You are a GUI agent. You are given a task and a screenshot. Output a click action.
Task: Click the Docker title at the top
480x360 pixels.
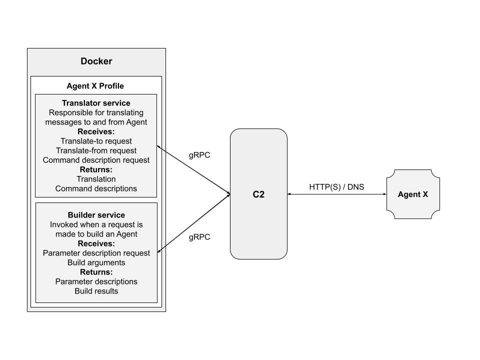click(x=96, y=61)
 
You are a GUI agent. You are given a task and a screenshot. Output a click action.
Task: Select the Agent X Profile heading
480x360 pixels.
click(x=95, y=85)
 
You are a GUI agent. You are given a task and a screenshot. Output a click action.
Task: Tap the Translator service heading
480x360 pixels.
click(x=96, y=103)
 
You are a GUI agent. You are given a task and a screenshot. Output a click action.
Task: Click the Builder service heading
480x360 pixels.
click(x=96, y=215)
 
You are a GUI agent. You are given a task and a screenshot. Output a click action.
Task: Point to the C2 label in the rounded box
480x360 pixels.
click(x=258, y=194)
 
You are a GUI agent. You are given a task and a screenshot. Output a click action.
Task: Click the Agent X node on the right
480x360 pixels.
click(x=412, y=194)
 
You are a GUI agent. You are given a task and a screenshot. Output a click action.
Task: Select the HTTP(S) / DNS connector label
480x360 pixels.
click(x=336, y=187)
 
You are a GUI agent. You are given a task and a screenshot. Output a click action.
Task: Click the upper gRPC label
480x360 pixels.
click(x=199, y=155)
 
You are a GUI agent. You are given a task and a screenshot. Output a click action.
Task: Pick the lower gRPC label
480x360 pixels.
click(x=199, y=237)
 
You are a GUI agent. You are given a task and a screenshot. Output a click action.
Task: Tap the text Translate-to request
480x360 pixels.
click(x=96, y=141)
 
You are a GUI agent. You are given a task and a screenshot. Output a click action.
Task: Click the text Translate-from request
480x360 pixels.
click(x=96, y=150)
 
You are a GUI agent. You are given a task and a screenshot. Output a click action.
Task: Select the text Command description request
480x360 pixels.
click(x=96, y=160)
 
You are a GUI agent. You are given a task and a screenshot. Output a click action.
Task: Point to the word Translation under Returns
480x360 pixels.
click(x=96, y=179)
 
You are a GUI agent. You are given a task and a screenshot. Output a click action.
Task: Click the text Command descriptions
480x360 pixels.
click(x=96, y=188)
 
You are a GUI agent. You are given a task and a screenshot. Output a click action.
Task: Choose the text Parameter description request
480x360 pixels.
click(x=96, y=253)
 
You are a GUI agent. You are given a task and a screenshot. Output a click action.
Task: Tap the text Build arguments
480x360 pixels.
click(x=96, y=262)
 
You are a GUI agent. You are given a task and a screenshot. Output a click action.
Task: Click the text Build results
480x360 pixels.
click(x=96, y=291)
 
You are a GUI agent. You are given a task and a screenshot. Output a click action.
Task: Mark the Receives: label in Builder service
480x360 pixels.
click(x=96, y=243)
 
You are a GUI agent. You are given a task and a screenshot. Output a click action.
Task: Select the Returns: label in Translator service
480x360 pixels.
click(x=96, y=169)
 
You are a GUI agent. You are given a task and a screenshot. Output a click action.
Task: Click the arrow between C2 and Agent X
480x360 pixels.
click(x=336, y=194)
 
